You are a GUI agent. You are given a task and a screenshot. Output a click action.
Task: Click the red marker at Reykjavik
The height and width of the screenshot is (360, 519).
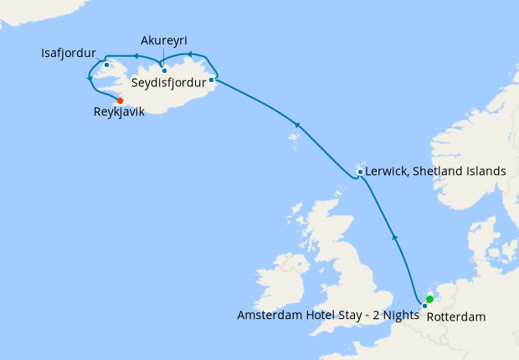point(121,100)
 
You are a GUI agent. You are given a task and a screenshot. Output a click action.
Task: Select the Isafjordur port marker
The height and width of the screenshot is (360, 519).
point(107,64)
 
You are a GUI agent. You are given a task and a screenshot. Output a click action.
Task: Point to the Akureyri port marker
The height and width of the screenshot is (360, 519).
point(165,70)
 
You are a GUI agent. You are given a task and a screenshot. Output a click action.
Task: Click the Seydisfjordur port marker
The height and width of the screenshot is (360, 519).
point(212,80)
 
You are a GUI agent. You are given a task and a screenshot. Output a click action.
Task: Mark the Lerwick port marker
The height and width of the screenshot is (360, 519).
point(360,172)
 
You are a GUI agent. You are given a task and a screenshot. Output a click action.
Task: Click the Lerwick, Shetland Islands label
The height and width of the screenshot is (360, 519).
point(436,171)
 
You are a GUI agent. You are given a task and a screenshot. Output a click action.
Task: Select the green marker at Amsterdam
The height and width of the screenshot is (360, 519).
point(429,299)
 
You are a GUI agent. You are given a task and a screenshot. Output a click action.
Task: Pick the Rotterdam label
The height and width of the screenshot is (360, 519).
point(456,317)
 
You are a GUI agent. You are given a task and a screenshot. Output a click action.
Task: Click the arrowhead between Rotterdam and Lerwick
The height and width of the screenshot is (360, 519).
point(395,239)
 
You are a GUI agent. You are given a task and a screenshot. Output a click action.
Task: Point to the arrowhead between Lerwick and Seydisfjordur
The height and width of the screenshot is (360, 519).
point(295,125)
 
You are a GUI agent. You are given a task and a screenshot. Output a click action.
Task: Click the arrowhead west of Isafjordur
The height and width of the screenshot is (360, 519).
point(90,79)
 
